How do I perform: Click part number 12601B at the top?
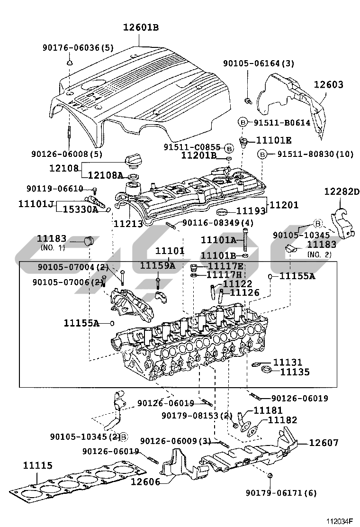click(x=141, y=28)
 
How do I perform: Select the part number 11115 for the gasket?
click(x=37, y=466)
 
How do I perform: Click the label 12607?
click(x=324, y=443)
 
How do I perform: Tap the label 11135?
click(x=294, y=372)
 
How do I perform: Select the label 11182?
click(x=282, y=420)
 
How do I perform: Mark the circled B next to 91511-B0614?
click(x=243, y=122)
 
